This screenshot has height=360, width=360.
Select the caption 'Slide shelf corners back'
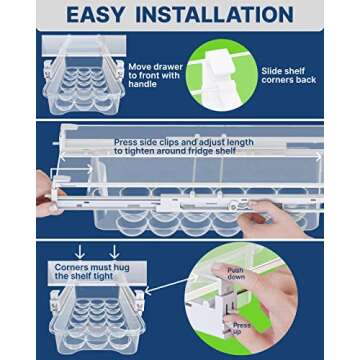(288, 76)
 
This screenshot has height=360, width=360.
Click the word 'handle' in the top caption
(137, 85)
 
